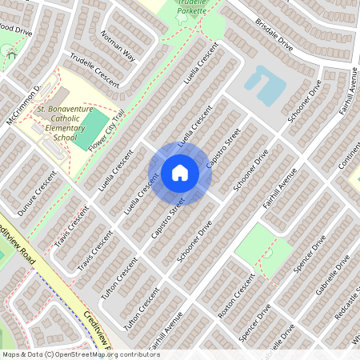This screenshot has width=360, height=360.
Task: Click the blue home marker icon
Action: point(179,172)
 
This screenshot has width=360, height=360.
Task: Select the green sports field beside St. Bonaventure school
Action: point(94,128)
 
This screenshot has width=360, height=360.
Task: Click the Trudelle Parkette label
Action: point(191,6)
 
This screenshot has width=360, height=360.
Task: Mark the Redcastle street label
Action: point(346,309)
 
